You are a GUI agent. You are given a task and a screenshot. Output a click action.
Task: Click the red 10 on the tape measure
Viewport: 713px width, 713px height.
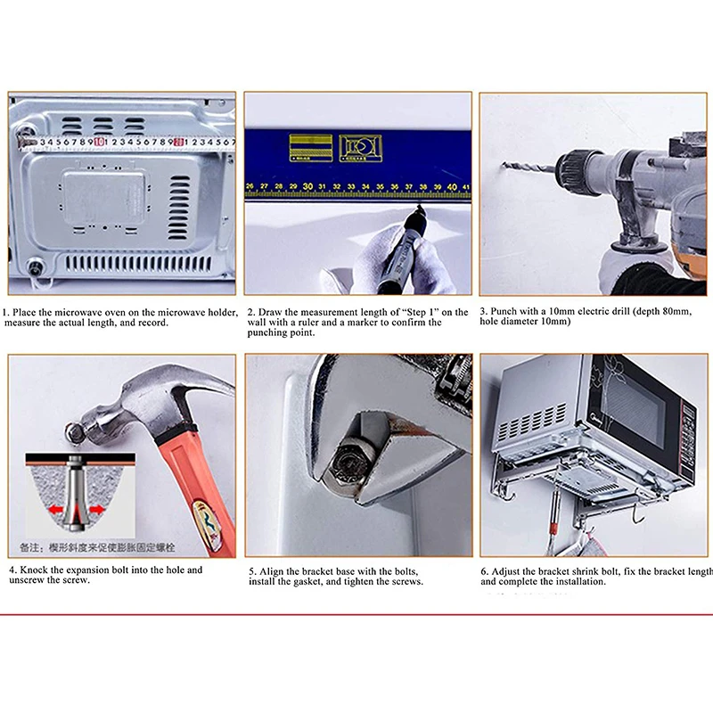point(97,141)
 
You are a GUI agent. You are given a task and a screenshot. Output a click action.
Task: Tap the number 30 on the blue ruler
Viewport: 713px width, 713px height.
point(307,186)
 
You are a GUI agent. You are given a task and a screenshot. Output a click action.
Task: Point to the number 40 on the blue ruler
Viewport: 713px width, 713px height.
point(452,186)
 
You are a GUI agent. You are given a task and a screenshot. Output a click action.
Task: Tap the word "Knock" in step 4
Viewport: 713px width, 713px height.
point(35,570)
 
